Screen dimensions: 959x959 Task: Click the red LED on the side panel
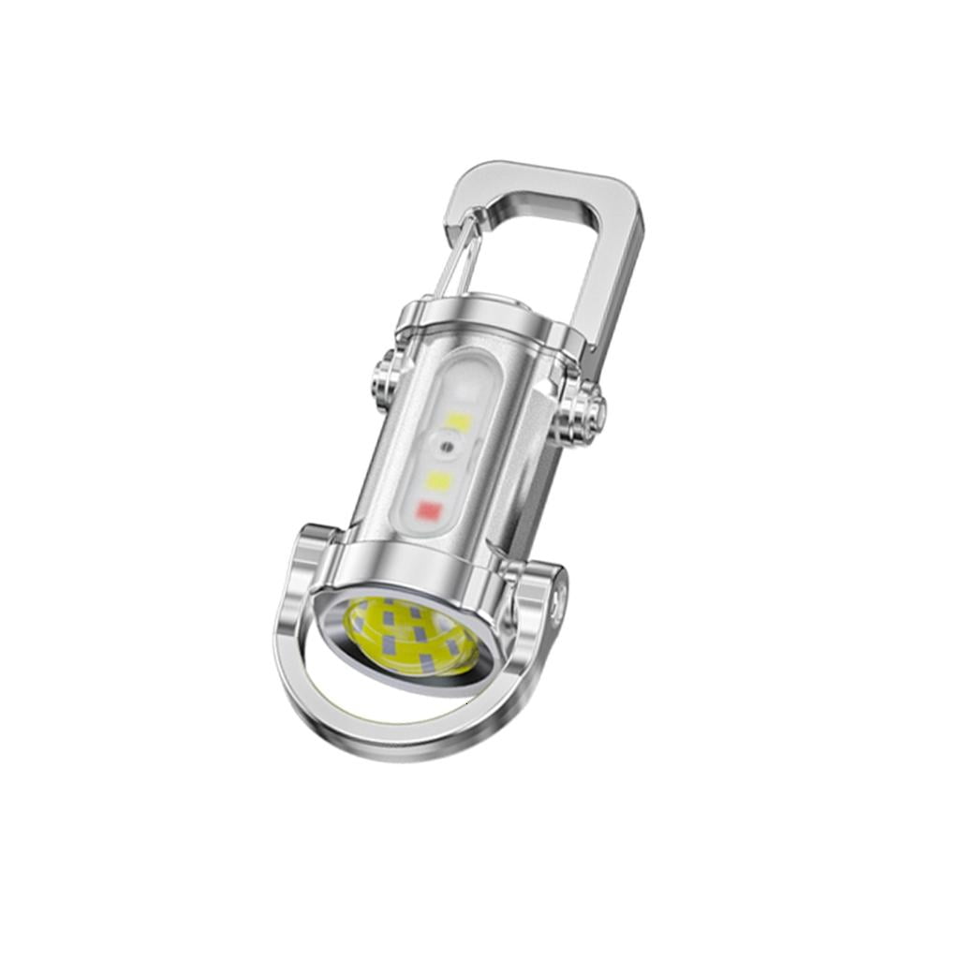428,511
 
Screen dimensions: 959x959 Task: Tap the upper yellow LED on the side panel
457,421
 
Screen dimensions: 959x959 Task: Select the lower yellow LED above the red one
438,480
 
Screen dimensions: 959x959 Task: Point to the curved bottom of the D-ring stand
375,740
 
